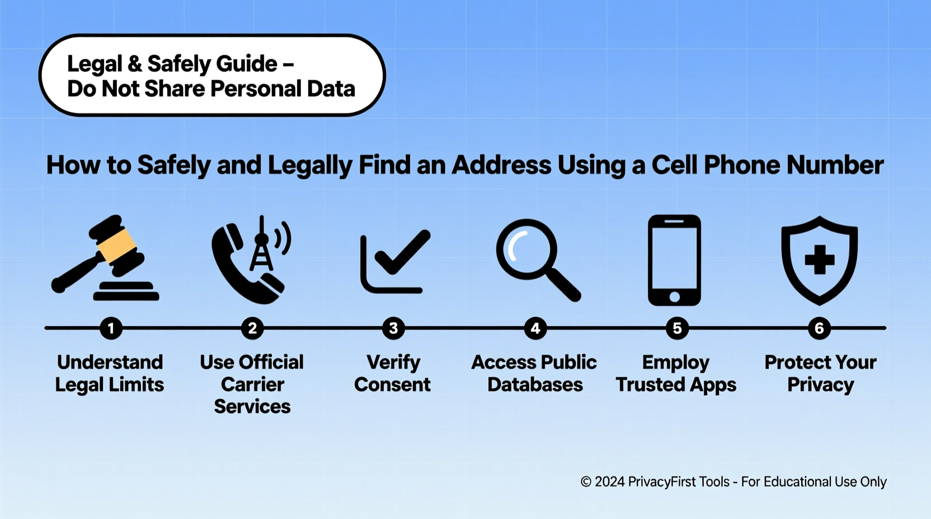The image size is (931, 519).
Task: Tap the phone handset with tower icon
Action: [x=250, y=260]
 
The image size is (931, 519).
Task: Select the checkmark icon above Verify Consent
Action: [x=395, y=261]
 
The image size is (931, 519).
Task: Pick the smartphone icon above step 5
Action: [x=674, y=260]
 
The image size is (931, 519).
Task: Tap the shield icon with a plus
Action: [x=819, y=261]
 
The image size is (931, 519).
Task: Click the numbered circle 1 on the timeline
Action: [x=111, y=328]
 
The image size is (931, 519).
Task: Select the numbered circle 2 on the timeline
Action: [x=252, y=328]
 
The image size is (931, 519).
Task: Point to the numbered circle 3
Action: [x=393, y=328]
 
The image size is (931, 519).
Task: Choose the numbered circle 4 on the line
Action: [x=535, y=328]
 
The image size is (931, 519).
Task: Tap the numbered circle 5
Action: [x=677, y=328]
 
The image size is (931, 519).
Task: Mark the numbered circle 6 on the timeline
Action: [x=819, y=328]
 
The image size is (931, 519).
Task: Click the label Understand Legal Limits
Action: [x=110, y=373]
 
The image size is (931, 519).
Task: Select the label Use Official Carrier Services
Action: [x=252, y=384]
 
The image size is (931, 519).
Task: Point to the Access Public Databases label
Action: [x=534, y=373]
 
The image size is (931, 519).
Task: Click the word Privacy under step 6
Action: [x=820, y=385]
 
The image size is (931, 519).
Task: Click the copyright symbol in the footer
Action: [x=586, y=482]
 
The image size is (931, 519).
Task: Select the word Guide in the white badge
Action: [x=247, y=64]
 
